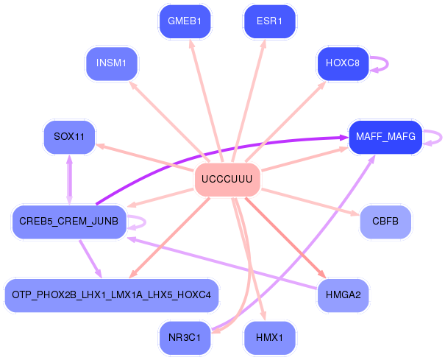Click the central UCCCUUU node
point(227,180)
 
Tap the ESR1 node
point(269,21)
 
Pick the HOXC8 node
point(342,63)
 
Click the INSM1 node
point(111,63)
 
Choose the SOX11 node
point(69,137)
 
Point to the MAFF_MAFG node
point(385,137)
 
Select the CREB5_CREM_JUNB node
point(69,222)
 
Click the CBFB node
point(385,222)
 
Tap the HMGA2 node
point(343,295)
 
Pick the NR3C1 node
point(185,338)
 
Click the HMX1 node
point(269,338)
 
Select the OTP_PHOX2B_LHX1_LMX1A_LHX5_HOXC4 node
point(111,295)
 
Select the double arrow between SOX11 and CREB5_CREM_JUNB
point(69,179)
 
